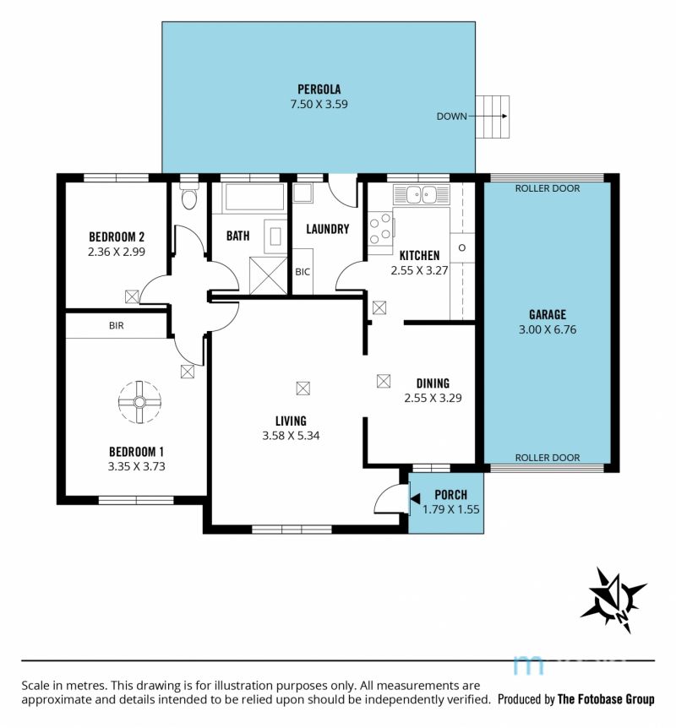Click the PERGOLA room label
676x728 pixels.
(x=319, y=90)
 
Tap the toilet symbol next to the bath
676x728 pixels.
(x=188, y=196)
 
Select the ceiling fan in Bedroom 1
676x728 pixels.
(x=139, y=402)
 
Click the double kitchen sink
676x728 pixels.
(x=422, y=194)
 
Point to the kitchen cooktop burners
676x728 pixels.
(x=380, y=228)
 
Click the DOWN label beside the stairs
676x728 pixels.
(x=451, y=117)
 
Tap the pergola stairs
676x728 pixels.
(x=492, y=117)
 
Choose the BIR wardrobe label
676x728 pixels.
(x=116, y=326)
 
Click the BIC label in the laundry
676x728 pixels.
(x=303, y=272)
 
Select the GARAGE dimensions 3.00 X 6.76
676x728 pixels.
(x=548, y=329)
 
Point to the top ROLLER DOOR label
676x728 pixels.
(x=548, y=188)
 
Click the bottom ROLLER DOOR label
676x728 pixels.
(x=548, y=458)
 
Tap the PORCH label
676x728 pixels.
(x=450, y=495)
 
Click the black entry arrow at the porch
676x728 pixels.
(x=415, y=498)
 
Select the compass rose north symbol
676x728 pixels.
(x=613, y=600)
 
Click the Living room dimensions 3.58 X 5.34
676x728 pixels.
(x=291, y=436)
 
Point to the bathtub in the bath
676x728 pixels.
(x=253, y=198)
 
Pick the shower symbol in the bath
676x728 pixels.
(x=269, y=274)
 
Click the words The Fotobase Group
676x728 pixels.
(x=606, y=699)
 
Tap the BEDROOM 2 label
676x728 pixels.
(x=117, y=236)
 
